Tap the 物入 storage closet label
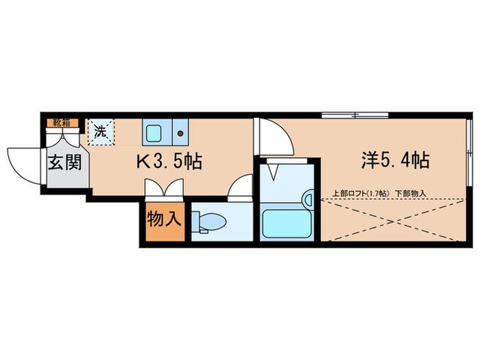pos(165,220)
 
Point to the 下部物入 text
pos(411,193)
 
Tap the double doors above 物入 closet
pos(163,189)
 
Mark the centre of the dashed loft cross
pos(394,221)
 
